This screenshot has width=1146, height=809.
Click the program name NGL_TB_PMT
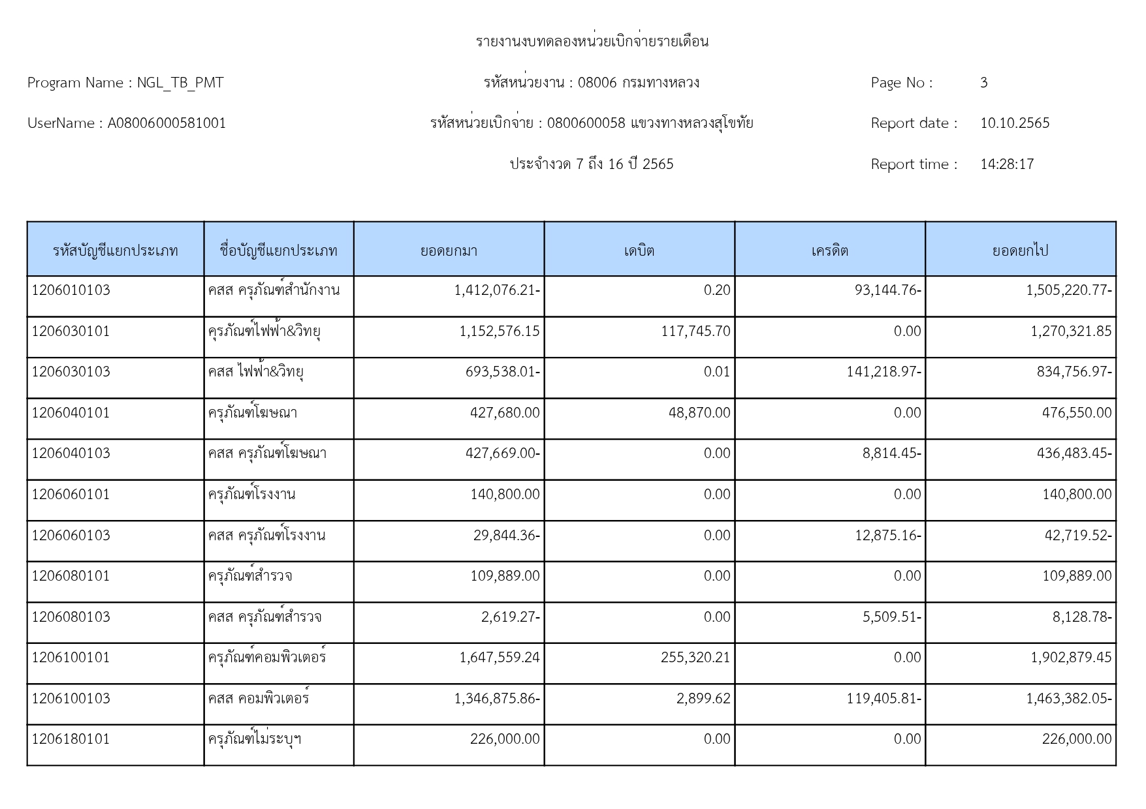pos(180,83)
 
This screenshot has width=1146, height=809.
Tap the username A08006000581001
pos(167,123)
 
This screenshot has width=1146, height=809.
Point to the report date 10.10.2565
pos(1014,123)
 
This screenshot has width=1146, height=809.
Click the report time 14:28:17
pos(1007,164)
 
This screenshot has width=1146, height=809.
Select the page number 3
pos(983,83)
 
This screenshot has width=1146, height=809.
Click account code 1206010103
pos(71,290)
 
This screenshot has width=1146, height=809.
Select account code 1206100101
pos(71,658)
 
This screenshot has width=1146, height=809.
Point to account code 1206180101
pos(71,739)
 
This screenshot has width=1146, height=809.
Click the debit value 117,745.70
pos(695,331)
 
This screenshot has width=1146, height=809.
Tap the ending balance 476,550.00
pos(1076,413)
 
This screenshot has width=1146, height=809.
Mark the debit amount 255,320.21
pos(695,658)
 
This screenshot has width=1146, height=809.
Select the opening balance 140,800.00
pos(505,495)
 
